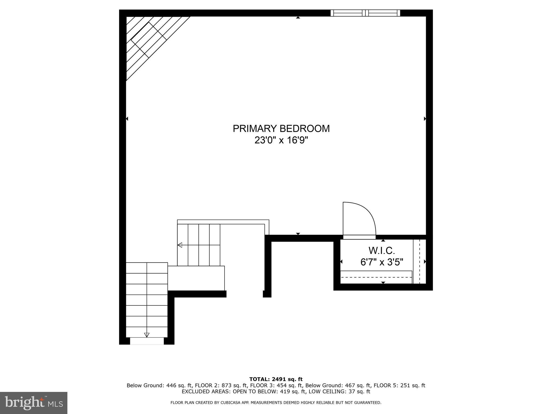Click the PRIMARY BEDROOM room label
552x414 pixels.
281,129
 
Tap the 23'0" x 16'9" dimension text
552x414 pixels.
281,140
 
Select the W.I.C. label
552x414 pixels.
382,251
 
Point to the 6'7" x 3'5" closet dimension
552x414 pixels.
382,262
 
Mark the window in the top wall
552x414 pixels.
365,13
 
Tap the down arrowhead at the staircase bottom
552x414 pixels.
147,335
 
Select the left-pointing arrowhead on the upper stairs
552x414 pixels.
180,245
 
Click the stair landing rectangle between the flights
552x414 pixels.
196,278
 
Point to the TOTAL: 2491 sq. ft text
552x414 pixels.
276,379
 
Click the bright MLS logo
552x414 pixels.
34,403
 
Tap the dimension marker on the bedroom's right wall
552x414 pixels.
425,119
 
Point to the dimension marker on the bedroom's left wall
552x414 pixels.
127,119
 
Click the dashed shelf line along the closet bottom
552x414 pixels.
376,277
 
